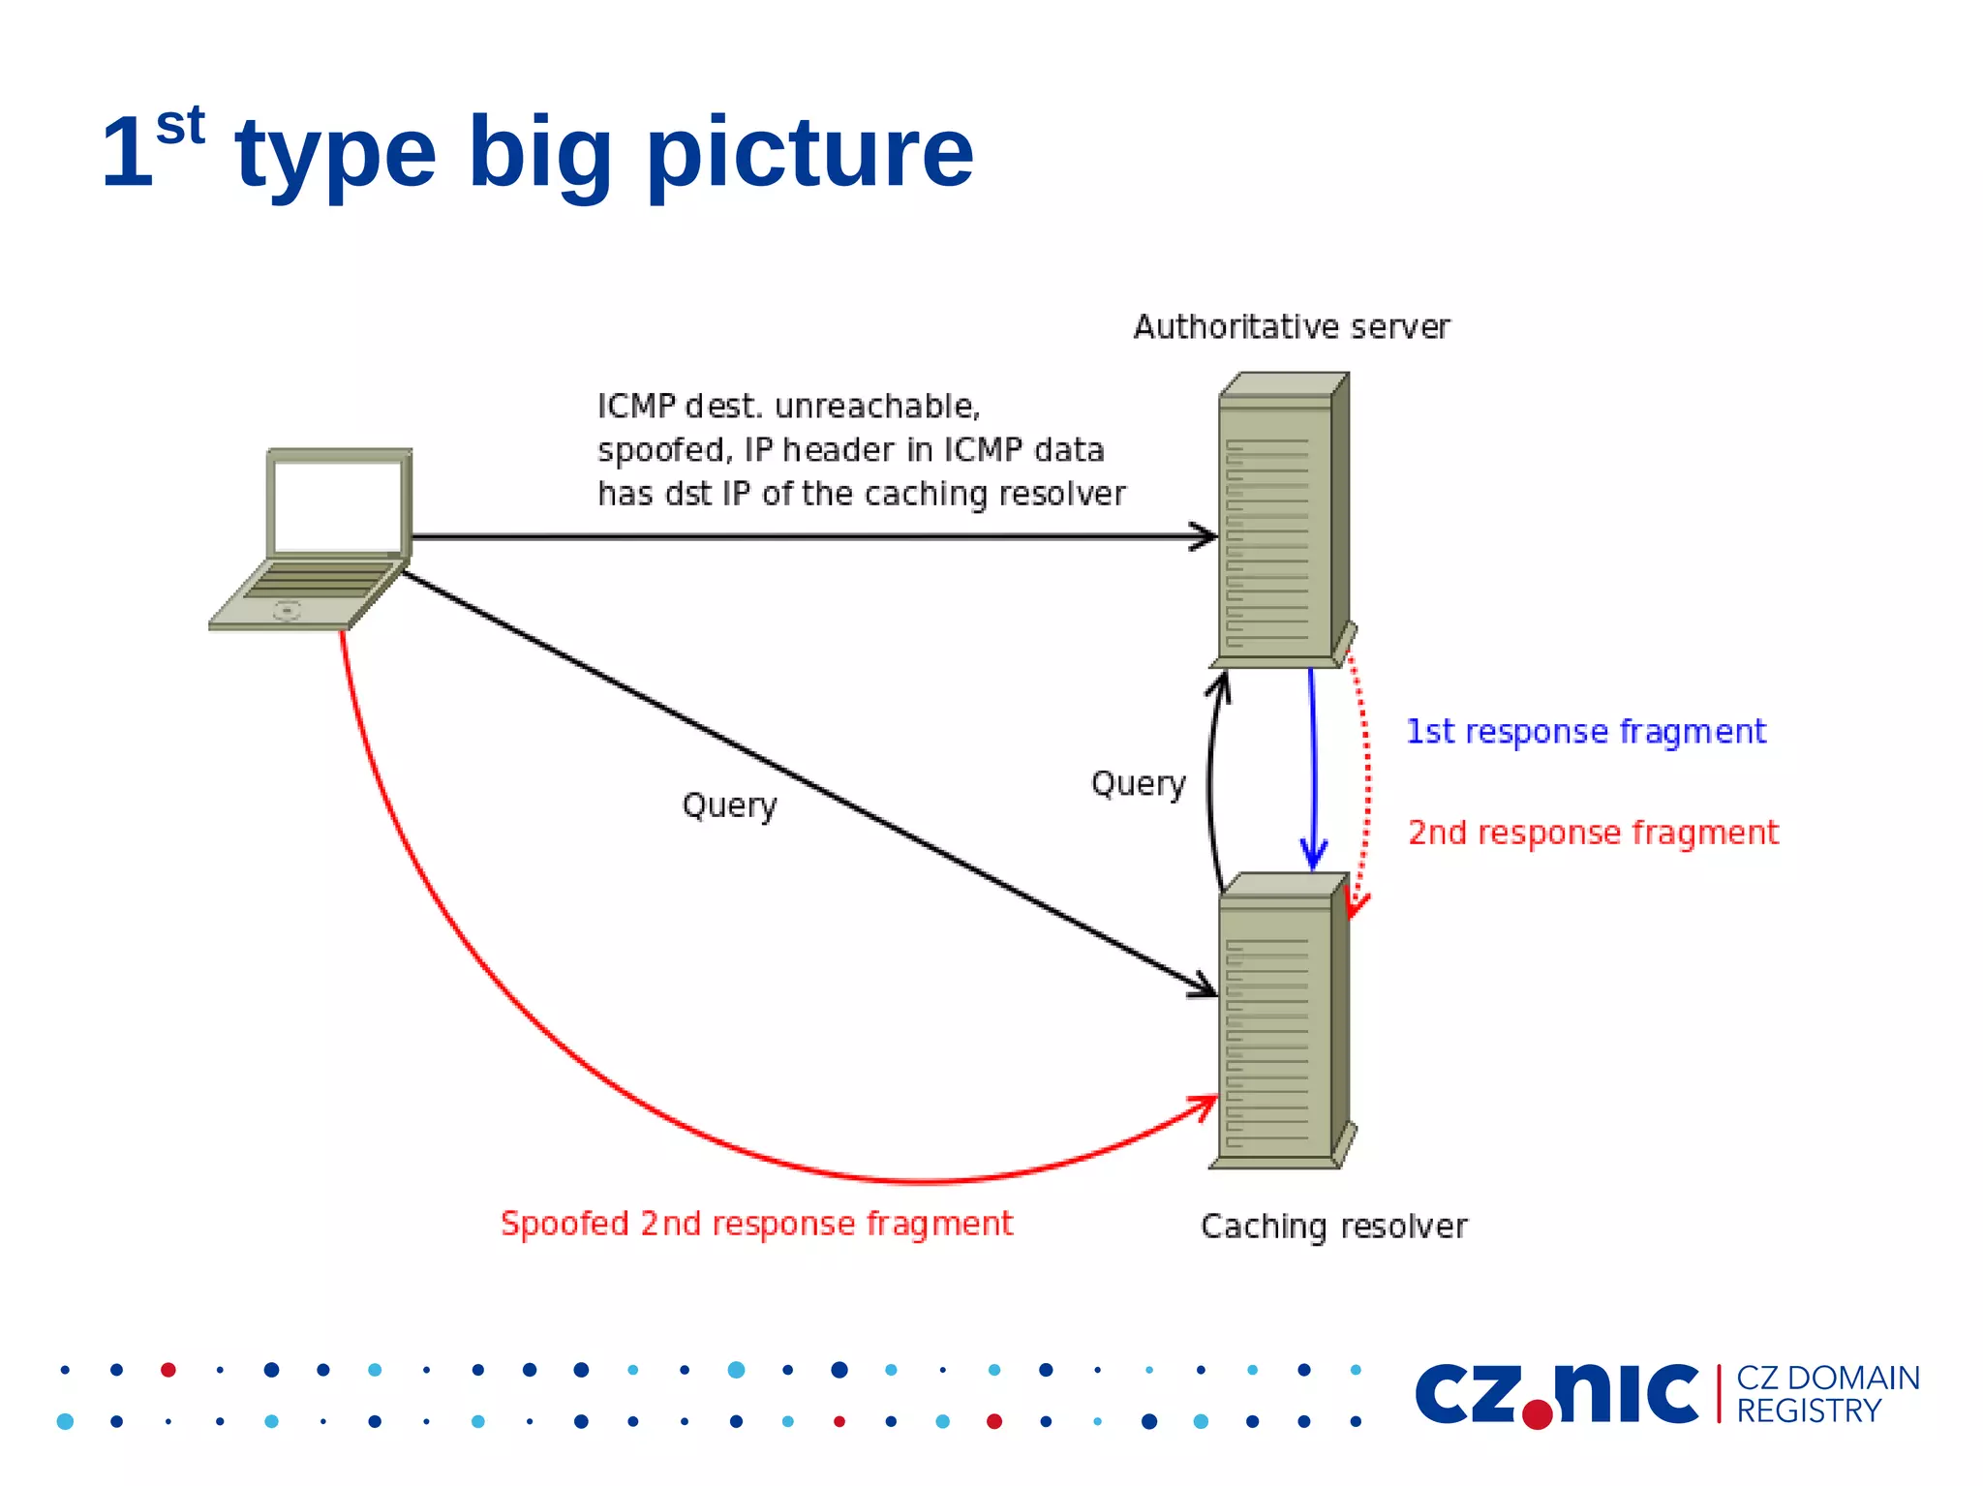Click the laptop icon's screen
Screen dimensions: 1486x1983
point(337,505)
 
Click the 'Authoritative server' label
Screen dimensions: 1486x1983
point(1291,327)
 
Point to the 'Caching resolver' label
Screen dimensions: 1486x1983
point(1333,1227)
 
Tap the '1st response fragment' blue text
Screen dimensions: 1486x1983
point(1585,731)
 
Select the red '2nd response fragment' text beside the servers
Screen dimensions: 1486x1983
point(1593,833)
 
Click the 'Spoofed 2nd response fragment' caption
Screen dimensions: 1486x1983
point(756,1224)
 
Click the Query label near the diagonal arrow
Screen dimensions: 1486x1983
point(729,805)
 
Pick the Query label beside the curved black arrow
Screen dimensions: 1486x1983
point(1138,783)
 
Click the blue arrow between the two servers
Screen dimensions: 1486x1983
point(1313,765)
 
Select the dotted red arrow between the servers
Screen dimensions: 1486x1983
point(1365,774)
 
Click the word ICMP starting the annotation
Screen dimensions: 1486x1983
point(635,407)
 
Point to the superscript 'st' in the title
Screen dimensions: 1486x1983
point(180,126)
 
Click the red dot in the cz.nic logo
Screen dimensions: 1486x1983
point(1538,1414)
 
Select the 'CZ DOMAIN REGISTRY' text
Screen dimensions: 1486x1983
point(1826,1394)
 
